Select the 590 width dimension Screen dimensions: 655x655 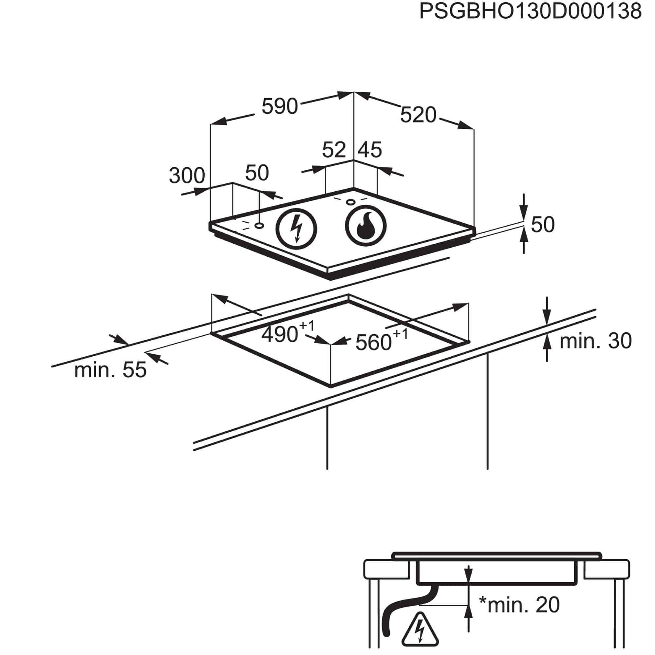(280, 106)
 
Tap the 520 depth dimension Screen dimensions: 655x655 (418, 115)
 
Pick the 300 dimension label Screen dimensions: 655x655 (187, 176)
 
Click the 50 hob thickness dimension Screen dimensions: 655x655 (543, 224)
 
